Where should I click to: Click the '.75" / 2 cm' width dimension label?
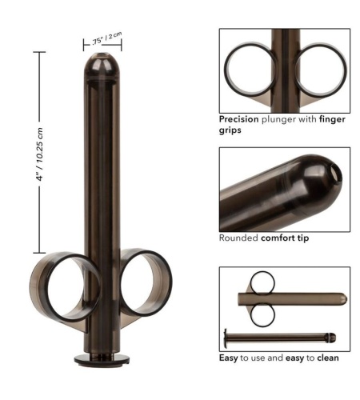[106, 38]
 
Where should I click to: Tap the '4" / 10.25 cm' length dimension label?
[40, 154]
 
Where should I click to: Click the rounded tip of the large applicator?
[102, 66]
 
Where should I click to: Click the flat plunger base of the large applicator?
[102, 359]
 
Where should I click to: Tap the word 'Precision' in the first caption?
[238, 119]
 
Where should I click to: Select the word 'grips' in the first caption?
[230, 130]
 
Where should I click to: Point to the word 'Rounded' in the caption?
[238, 238]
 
